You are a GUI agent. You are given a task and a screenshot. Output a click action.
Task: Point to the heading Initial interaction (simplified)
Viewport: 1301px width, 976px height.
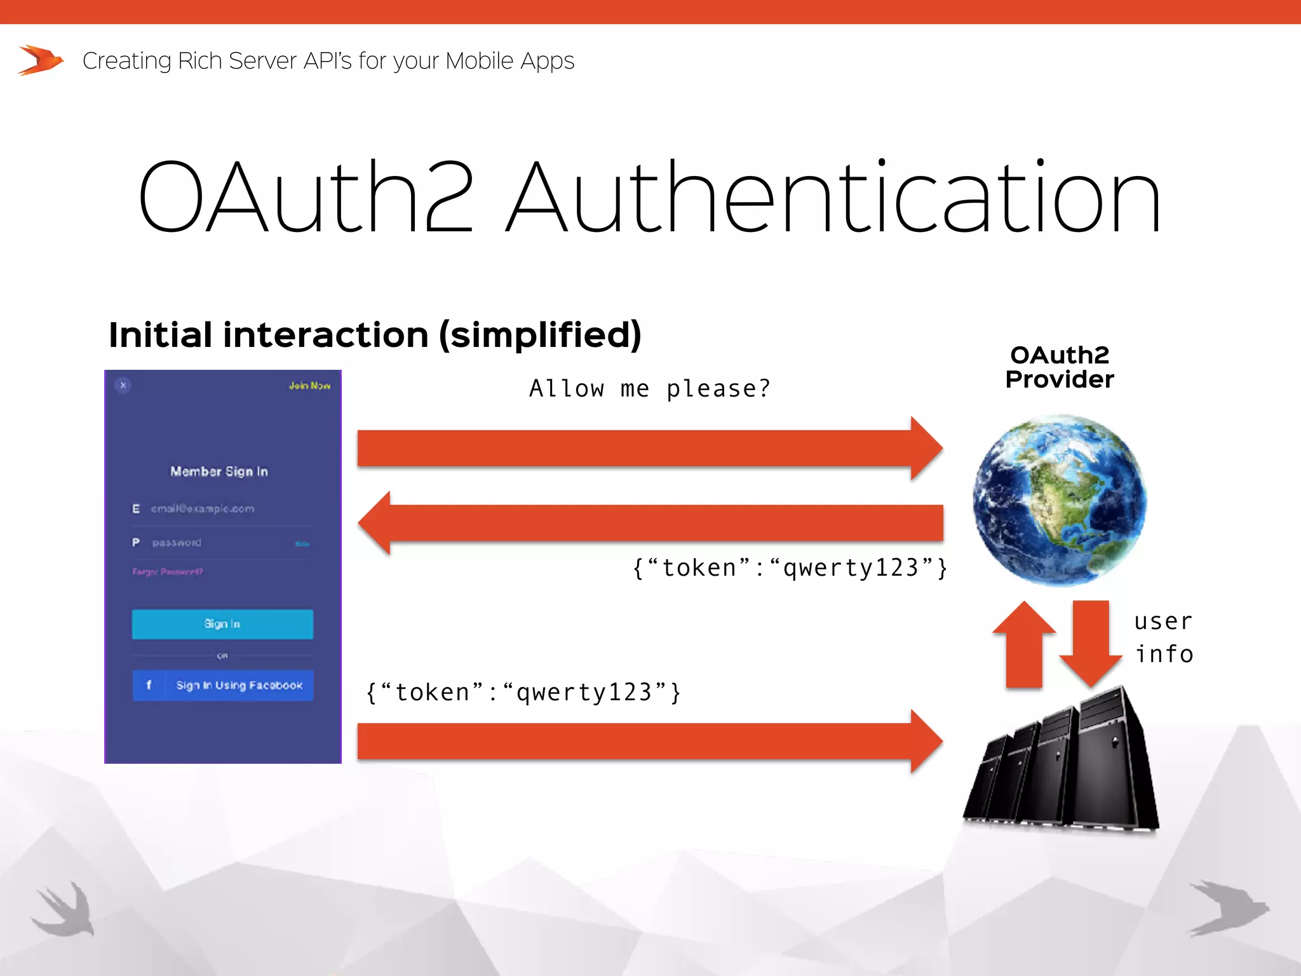click(375, 335)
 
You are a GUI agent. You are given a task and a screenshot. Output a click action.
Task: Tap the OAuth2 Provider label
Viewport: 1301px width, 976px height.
click(1060, 367)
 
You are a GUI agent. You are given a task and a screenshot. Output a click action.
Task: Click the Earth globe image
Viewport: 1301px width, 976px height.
click(1060, 500)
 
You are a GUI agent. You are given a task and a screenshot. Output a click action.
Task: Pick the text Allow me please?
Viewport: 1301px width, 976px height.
click(650, 388)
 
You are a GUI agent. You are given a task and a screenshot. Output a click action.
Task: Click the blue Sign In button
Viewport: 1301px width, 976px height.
click(222, 624)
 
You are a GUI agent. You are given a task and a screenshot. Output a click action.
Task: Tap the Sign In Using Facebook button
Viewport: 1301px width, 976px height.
click(223, 685)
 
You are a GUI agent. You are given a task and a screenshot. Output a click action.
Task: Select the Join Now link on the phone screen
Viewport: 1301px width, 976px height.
click(309, 386)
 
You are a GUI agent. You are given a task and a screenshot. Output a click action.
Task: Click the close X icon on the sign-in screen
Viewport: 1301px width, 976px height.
click(123, 385)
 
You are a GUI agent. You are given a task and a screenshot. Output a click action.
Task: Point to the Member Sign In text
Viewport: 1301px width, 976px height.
click(219, 471)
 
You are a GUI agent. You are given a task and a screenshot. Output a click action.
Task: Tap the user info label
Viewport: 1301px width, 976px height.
click(1164, 637)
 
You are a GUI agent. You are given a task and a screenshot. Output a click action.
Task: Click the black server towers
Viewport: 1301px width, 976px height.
click(1061, 762)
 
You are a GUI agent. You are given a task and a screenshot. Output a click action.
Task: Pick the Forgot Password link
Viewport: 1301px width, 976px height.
click(168, 572)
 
